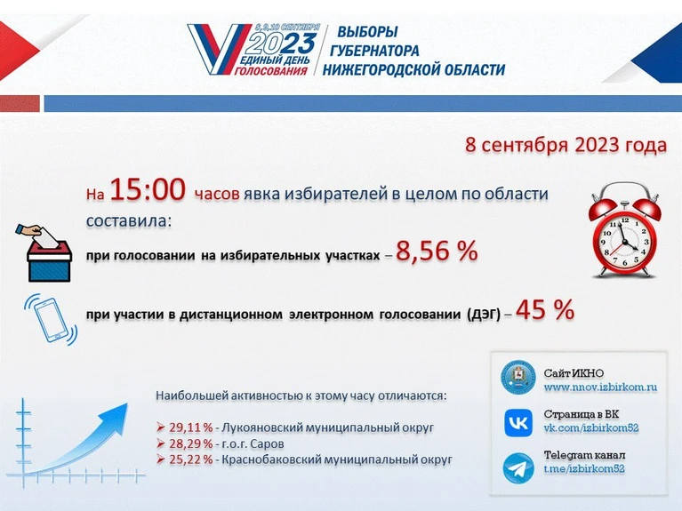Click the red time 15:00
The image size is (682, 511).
click(148, 190)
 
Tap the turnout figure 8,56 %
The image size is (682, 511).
click(437, 251)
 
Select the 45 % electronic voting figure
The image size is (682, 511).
click(545, 309)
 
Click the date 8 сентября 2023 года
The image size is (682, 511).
click(566, 145)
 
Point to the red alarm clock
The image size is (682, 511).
click(624, 230)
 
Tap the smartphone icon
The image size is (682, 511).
click(51, 320)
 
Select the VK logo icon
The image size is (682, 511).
click(518, 423)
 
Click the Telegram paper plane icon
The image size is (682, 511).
click(518, 468)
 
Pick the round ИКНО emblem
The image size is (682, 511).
click(518, 377)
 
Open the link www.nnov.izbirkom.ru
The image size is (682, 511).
click(600, 387)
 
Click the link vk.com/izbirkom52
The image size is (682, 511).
click(591, 428)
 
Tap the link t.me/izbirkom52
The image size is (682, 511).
click(584, 469)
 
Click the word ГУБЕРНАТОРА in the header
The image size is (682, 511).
click(374, 51)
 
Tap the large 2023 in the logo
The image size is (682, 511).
click(283, 44)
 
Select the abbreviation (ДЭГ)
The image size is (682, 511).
click(484, 314)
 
